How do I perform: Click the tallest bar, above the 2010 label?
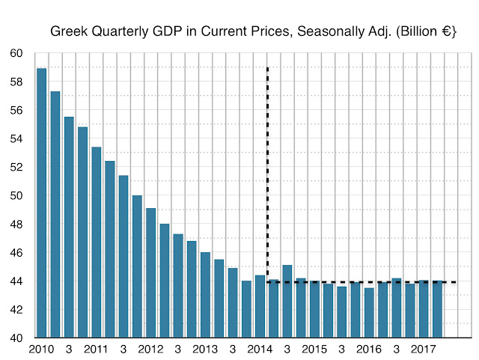pos(41,202)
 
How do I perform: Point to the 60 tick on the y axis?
pos(17,54)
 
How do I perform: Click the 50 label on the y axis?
pos(17,196)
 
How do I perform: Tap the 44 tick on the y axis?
pos(17,281)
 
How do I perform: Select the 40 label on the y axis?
pos(17,338)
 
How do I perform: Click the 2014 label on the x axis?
pos(259,350)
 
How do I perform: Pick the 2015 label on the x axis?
pos(314,350)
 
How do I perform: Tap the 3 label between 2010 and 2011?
pos(68,350)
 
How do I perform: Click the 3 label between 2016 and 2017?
pos(396,350)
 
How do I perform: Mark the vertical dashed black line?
pos(268,150)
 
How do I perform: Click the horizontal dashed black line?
pos(359,282)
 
